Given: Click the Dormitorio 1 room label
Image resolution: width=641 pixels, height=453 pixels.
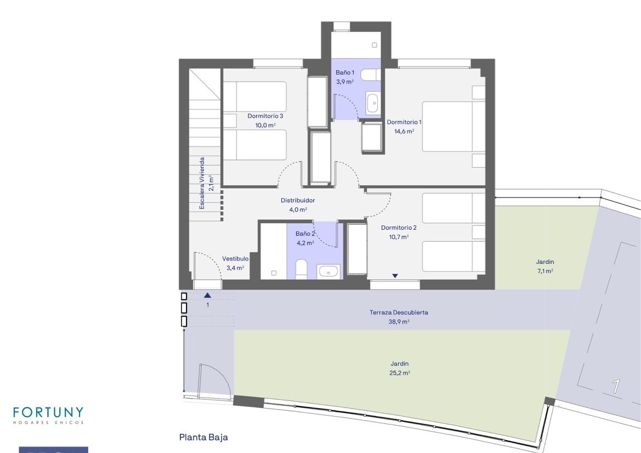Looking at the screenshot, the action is (x=404, y=122).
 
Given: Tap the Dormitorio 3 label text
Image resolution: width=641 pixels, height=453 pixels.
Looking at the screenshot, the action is (x=265, y=116).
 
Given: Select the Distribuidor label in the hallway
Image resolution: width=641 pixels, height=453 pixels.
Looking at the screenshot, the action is (x=298, y=200).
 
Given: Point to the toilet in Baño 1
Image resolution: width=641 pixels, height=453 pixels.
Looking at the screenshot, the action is (x=372, y=75).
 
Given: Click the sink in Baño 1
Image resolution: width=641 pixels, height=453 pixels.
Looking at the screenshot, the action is (x=372, y=103).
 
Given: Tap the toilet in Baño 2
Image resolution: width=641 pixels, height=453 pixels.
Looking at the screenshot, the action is (x=301, y=269).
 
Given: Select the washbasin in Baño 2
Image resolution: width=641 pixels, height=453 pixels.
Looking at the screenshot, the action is (x=328, y=271).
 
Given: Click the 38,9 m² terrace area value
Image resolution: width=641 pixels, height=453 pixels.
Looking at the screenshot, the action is (x=399, y=322).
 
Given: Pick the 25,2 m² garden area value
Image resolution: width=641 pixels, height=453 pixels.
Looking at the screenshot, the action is (x=399, y=373).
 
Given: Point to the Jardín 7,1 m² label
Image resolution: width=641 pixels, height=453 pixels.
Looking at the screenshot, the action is (x=545, y=266).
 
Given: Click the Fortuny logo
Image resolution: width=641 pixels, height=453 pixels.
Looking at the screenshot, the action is (x=48, y=415).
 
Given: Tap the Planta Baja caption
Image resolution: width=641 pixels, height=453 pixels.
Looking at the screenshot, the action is (x=203, y=437).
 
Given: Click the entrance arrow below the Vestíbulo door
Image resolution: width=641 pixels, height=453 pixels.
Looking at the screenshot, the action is (x=208, y=295).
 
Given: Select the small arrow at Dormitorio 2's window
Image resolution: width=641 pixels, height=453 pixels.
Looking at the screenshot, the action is (x=395, y=276).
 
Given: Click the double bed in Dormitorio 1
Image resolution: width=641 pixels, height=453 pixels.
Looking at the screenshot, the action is (x=453, y=126).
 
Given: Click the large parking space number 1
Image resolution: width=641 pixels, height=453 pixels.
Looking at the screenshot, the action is (x=616, y=386).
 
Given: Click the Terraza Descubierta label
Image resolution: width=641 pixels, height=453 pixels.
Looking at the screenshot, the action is (x=399, y=313).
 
